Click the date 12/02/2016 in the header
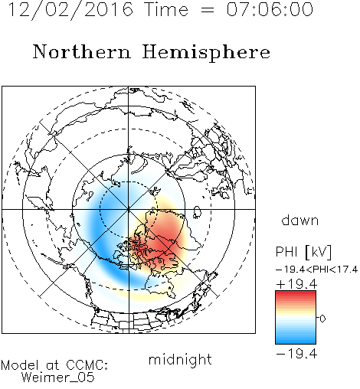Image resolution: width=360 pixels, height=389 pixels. [x=70, y=10]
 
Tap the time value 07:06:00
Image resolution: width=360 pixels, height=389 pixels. [x=270, y=10]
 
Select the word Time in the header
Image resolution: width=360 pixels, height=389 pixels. [x=166, y=10]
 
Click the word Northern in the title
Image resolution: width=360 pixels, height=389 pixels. [x=82, y=52]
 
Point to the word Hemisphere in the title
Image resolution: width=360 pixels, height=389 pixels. [x=206, y=53]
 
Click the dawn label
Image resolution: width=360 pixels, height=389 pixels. [x=300, y=221]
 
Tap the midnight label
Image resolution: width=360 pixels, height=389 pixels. [x=180, y=360]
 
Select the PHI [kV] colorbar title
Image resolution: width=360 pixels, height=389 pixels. [x=303, y=252]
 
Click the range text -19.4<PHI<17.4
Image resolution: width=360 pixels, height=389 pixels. [x=317, y=270]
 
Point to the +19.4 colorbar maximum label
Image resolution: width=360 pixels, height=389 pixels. [x=296, y=284]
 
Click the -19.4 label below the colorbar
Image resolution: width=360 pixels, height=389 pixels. [x=296, y=354]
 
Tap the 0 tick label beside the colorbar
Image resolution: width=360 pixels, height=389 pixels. [x=322, y=319]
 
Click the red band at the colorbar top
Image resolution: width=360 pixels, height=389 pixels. [x=296, y=294]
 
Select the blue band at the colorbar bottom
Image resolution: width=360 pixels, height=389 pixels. [x=296, y=340]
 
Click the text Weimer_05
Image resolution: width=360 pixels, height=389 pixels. [x=58, y=378]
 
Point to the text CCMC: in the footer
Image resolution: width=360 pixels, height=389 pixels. [x=87, y=365]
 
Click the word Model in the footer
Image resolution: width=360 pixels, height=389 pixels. [x=20, y=365]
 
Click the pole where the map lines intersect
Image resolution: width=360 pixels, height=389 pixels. [x=129, y=209]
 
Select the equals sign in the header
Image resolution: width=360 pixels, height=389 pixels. [x=208, y=10]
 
